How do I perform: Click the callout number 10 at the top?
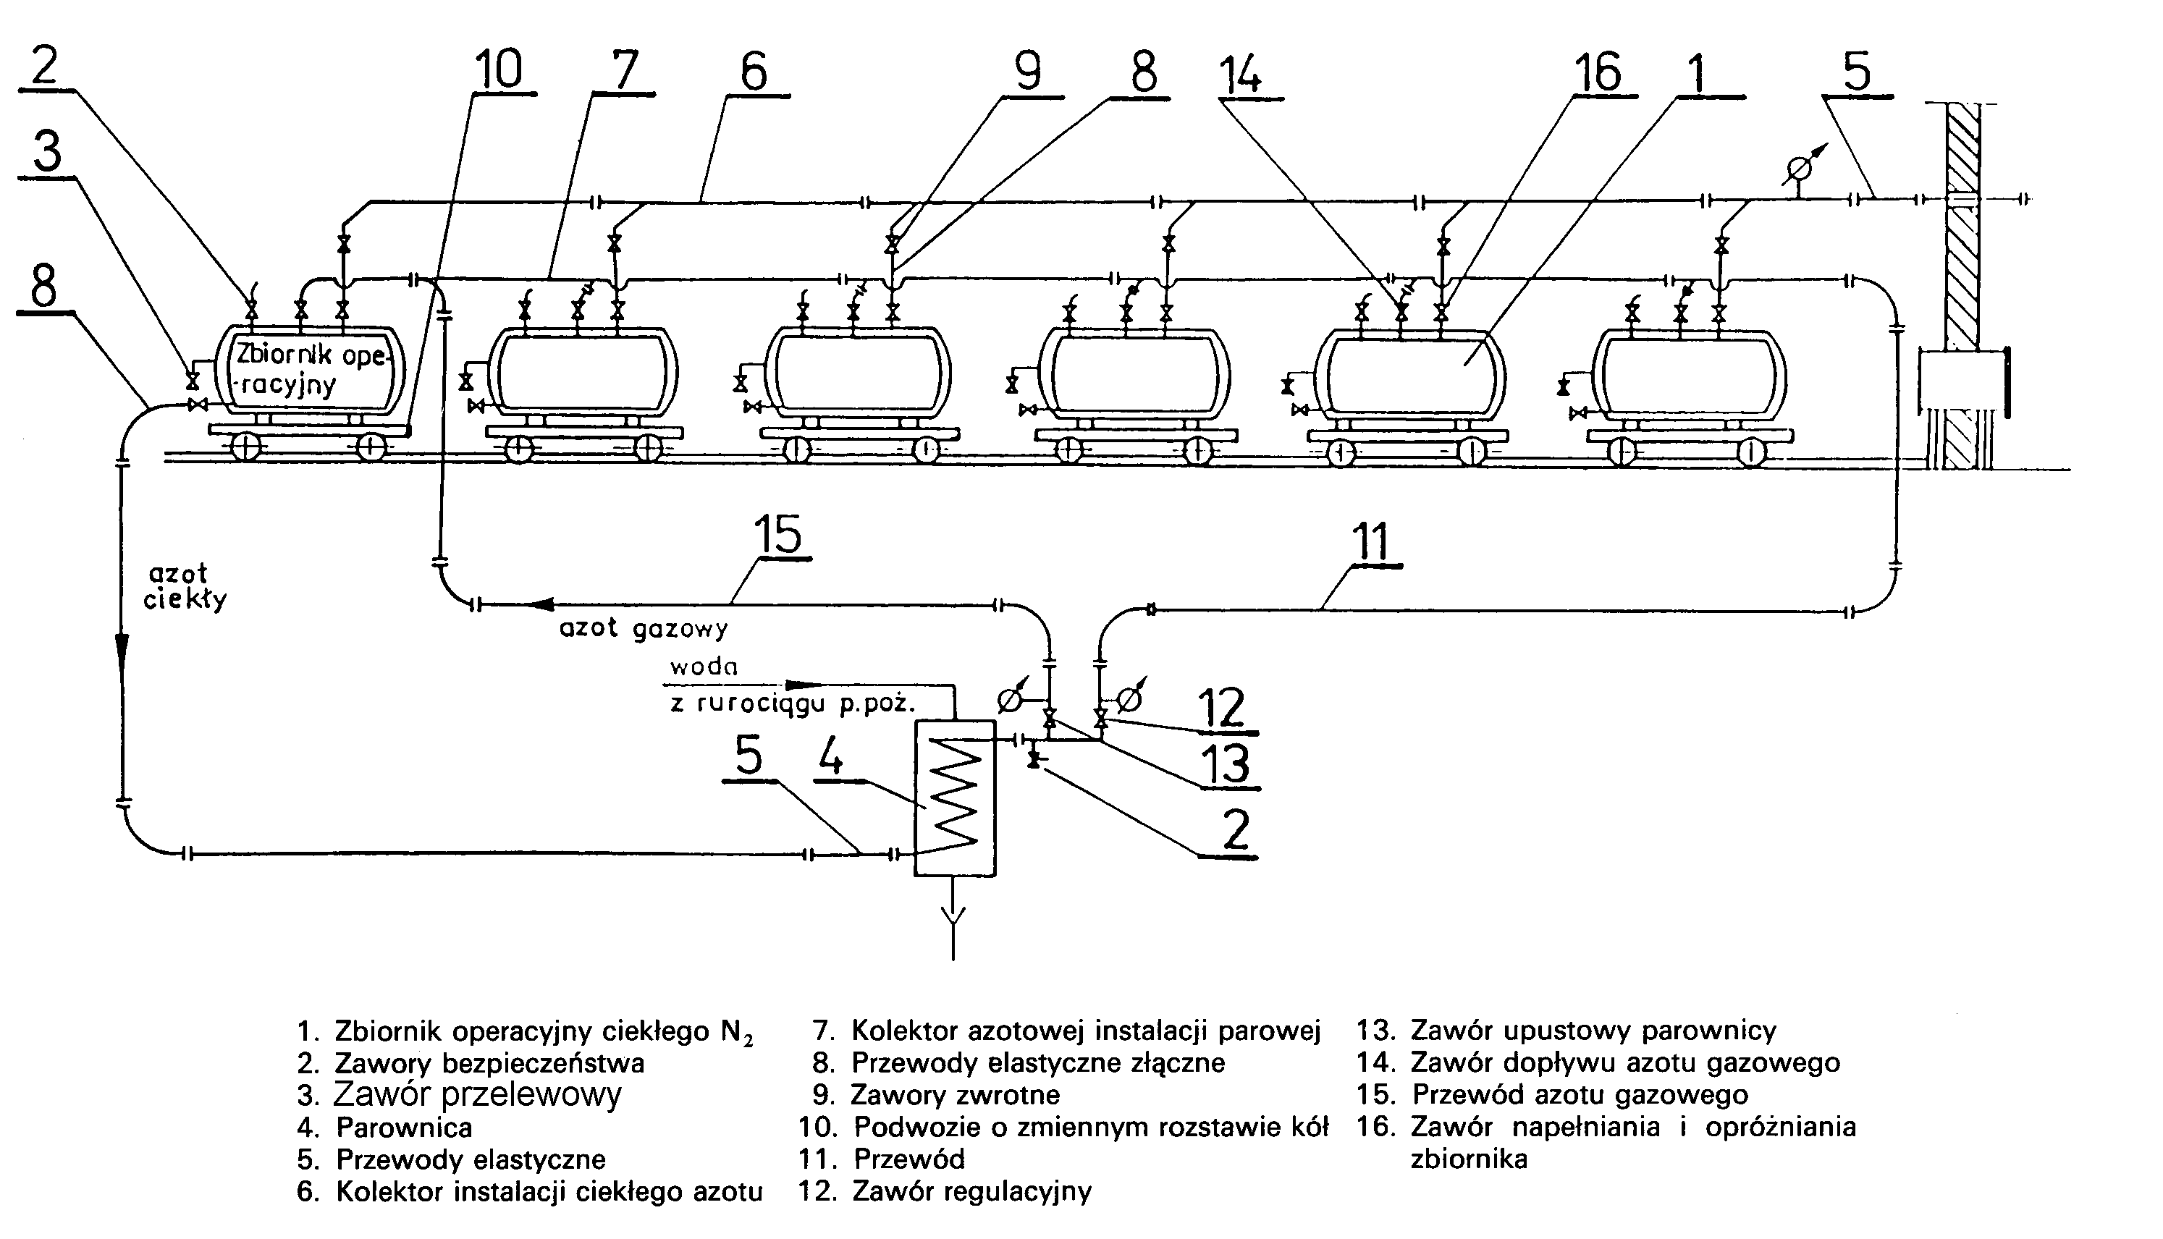498,69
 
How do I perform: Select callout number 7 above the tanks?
625,69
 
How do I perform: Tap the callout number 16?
1597,72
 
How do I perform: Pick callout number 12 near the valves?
1223,707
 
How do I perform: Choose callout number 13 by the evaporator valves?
1226,764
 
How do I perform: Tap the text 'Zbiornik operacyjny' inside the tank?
310,368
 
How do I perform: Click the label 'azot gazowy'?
644,629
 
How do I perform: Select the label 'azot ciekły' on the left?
184,587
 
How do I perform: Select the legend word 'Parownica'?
404,1128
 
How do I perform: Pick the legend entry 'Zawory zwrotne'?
955,1094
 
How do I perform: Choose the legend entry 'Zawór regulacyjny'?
971,1191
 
